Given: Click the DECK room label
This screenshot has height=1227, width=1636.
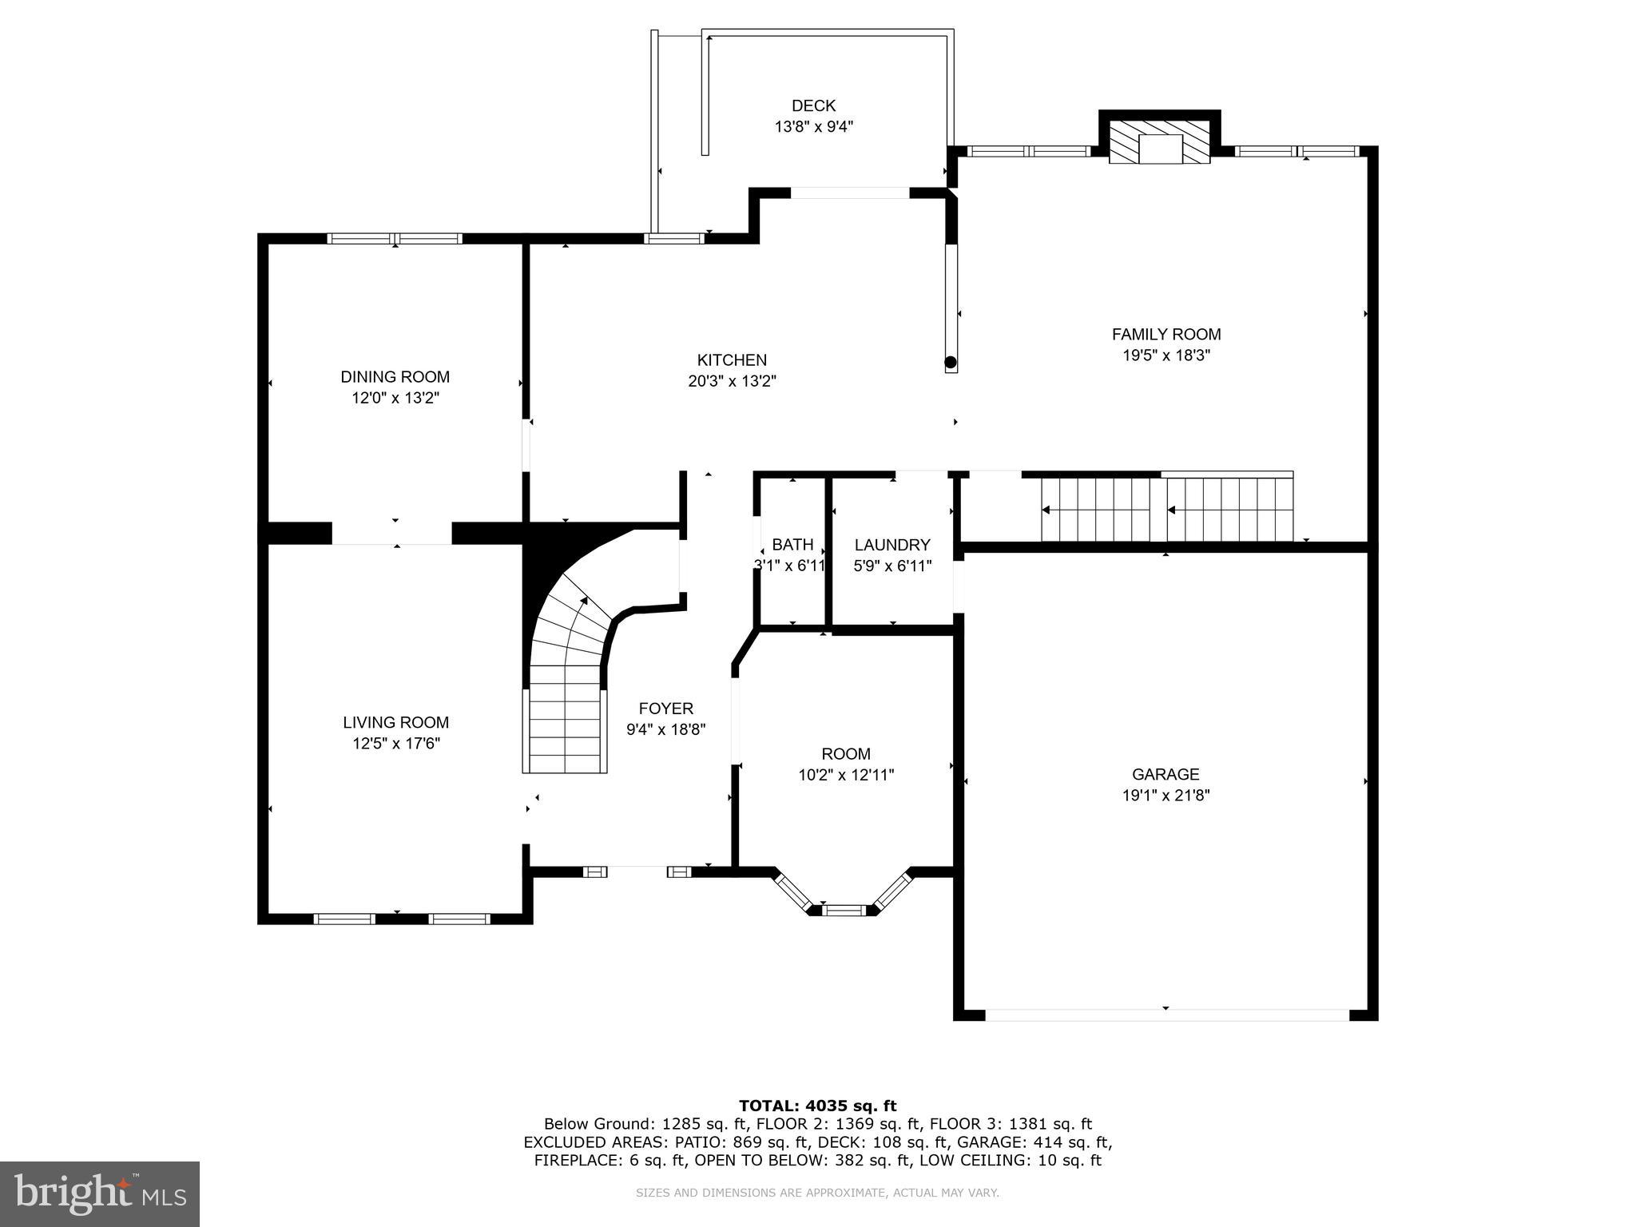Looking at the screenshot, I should pos(813,105).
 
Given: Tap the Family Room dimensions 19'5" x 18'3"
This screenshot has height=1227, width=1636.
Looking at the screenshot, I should pos(1166,355).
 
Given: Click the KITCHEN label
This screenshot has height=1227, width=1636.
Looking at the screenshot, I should pos(732,360).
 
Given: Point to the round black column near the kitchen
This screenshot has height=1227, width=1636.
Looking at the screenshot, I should pos(951,363).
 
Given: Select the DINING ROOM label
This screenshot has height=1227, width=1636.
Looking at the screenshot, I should pos(395,377).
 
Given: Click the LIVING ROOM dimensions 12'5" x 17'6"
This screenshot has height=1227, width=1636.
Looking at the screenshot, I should pos(396,744).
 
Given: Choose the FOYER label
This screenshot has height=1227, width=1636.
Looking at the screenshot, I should pos(665,709).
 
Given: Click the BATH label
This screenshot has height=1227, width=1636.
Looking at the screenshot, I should pos(792,545).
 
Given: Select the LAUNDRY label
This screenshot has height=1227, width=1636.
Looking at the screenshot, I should pos(892,545).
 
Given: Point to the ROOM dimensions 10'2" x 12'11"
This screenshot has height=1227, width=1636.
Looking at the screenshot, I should pos(846,775).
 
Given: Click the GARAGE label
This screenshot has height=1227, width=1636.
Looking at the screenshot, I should pos(1165,774).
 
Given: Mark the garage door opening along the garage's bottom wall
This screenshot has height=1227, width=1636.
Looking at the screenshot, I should pos(1166,1015).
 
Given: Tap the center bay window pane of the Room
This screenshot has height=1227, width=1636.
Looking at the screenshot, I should pos(844,909).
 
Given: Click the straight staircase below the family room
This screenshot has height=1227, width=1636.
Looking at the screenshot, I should pos(1166,509).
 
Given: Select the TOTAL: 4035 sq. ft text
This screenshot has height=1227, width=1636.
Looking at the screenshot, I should pos(817,1106).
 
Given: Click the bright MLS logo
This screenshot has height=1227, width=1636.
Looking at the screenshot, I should pos(100,1193).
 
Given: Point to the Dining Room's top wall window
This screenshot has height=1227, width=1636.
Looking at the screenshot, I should pos(395,238).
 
